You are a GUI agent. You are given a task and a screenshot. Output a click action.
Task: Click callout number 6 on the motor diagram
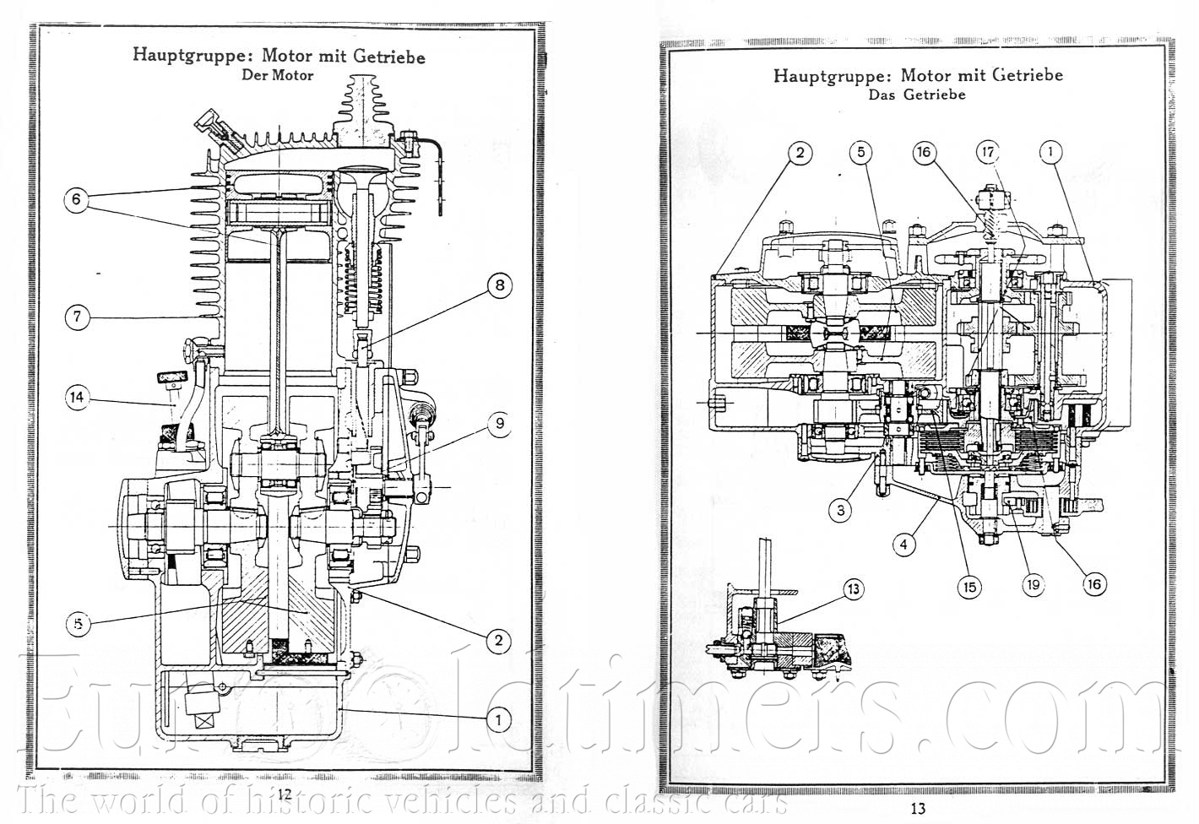click(x=76, y=200)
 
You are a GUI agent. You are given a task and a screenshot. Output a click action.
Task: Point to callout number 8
click(x=499, y=285)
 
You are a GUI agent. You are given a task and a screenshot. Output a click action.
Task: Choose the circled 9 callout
click(x=499, y=422)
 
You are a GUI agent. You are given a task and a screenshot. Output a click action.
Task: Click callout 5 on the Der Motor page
click(x=78, y=624)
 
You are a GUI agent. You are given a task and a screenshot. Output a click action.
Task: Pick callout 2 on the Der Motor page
click(x=498, y=641)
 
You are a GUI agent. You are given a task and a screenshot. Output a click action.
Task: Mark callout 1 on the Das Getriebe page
click(x=1050, y=153)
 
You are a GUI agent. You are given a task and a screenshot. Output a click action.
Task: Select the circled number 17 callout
click(x=987, y=153)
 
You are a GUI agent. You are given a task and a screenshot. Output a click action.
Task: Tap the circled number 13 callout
click(x=854, y=588)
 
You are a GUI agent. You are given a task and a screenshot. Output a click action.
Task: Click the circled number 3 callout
click(x=840, y=510)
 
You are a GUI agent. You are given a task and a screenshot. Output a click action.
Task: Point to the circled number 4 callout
click(x=903, y=545)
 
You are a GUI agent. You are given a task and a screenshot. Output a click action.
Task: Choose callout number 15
click(x=970, y=587)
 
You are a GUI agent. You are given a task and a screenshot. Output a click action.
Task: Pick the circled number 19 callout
click(x=1032, y=584)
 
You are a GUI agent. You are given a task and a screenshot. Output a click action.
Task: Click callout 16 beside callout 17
click(x=925, y=153)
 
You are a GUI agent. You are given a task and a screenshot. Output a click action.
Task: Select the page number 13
click(x=918, y=808)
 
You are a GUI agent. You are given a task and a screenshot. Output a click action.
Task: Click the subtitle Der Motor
click(x=277, y=75)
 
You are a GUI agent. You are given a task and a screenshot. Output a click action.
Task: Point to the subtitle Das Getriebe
click(x=917, y=95)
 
